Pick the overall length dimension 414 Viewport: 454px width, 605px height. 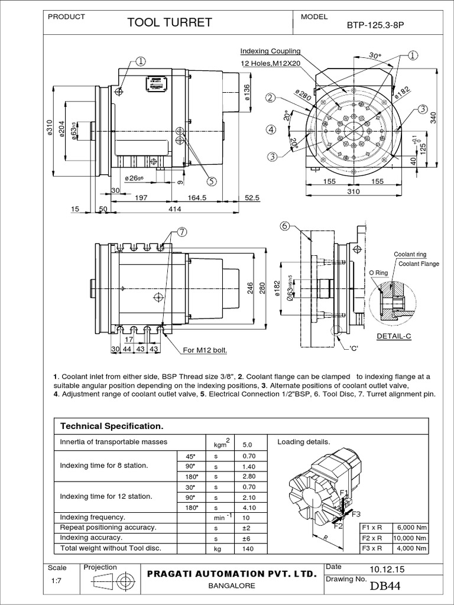pos(174,209)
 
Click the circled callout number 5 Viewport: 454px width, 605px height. pos(211,181)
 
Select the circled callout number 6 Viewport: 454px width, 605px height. pos(284,226)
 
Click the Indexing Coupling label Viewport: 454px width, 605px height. pos(270,51)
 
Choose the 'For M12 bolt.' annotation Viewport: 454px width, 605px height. pos(205,350)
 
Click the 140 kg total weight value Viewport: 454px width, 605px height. pos(248,549)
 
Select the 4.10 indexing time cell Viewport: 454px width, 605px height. pos(248,508)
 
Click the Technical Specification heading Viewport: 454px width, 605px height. pos(108,426)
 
